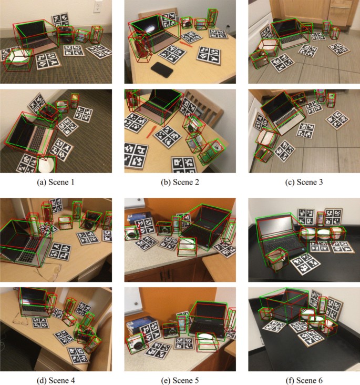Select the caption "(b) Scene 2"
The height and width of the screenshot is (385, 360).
point(179,182)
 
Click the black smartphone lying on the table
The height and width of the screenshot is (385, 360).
point(161,69)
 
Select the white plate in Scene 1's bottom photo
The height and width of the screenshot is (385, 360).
point(46,165)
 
